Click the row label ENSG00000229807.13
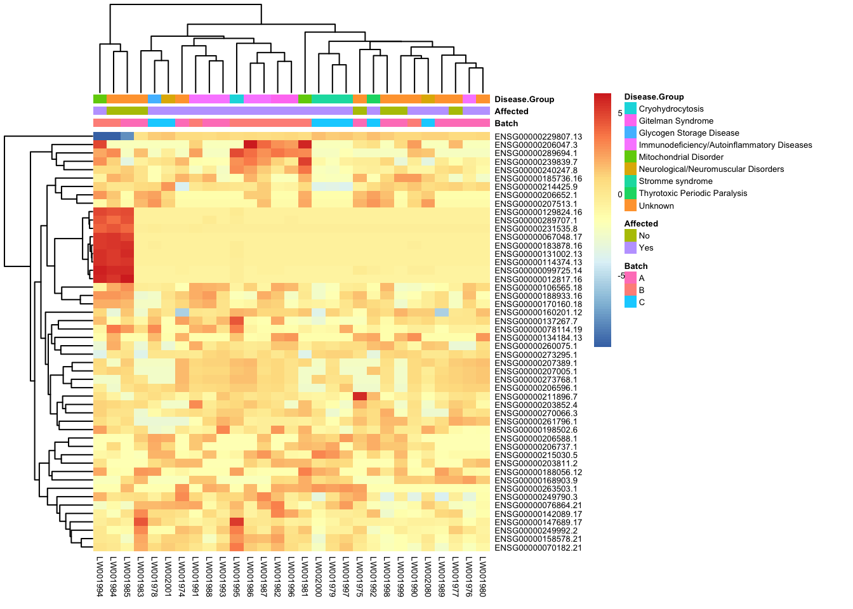538,136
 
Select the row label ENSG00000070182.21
538,547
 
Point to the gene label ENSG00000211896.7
536,396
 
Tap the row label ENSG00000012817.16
538,279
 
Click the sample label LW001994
100,577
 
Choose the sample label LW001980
482,577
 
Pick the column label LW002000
319,577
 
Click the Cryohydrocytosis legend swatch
630,108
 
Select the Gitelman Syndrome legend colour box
630,121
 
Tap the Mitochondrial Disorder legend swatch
630,157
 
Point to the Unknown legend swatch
630,206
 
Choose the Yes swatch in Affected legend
630,247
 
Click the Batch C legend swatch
630,302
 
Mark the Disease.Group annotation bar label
524,99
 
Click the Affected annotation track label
512,111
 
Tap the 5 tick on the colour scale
620,114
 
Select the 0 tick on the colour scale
620,195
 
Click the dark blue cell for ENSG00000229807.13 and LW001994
100,136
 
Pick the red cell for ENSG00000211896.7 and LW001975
359,396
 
